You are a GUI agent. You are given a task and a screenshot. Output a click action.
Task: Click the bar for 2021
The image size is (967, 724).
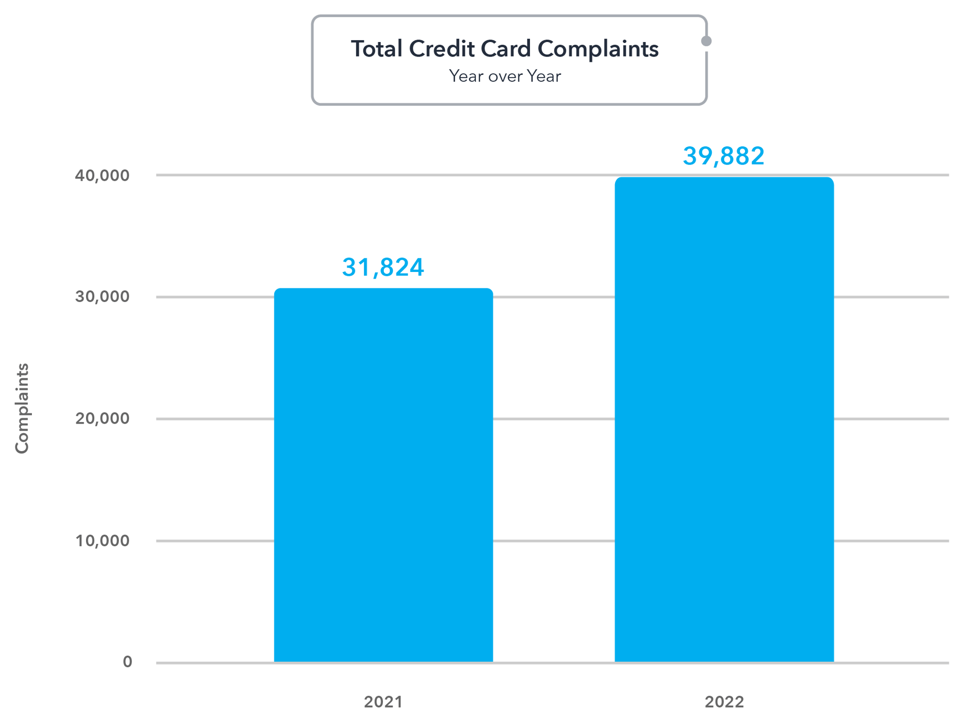(383, 476)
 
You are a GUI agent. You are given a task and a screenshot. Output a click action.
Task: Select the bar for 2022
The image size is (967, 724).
(724, 420)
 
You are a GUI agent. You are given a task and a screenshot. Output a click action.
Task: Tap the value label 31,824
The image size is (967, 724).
(383, 267)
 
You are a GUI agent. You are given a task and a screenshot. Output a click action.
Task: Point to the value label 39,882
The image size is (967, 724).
(723, 156)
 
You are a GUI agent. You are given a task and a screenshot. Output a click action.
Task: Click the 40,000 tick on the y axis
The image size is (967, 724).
(102, 175)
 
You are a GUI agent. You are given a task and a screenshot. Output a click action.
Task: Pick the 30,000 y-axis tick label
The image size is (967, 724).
(102, 297)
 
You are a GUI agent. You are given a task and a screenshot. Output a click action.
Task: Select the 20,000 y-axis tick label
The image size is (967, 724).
(102, 418)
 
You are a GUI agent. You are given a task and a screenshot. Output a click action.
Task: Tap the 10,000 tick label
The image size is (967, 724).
(102, 540)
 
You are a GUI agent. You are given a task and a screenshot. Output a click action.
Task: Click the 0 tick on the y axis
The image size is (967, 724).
(127, 662)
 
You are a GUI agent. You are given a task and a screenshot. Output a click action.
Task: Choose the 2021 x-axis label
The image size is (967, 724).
(383, 702)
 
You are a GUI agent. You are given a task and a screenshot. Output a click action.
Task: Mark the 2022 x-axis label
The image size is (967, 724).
(724, 702)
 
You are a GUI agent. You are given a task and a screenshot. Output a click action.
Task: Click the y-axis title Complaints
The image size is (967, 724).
(22, 408)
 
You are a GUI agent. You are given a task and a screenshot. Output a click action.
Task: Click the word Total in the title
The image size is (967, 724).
(377, 49)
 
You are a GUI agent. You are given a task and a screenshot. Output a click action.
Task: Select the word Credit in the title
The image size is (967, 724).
(441, 49)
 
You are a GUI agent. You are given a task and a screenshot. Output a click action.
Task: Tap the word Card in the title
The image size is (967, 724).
(505, 49)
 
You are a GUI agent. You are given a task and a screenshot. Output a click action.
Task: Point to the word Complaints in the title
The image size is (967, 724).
(598, 49)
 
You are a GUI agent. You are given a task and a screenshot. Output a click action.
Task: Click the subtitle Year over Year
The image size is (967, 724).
(505, 76)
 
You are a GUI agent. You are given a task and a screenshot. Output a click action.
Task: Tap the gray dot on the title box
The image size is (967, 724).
(706, 41)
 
